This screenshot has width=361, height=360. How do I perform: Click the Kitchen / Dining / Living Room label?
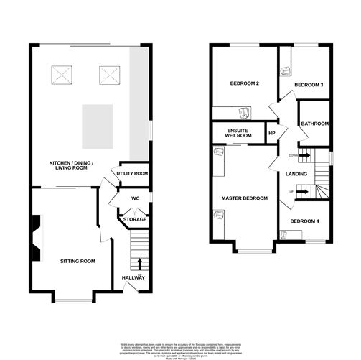click(x=70, y=165)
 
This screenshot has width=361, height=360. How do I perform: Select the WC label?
click(x=134, y=199)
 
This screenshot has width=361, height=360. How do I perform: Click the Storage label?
click(x=134, y=219)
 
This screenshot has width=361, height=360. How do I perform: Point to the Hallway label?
click(x=133, y=277)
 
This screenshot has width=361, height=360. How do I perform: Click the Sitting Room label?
click(x=78, y=261)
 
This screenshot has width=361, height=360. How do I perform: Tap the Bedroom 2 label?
click(x=244, y=84)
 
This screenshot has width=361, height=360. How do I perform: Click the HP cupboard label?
click(x=272, y=133)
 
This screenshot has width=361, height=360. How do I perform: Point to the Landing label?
click(x=296, y=174)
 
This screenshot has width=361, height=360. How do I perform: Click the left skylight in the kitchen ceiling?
click(x=61, y=74)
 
